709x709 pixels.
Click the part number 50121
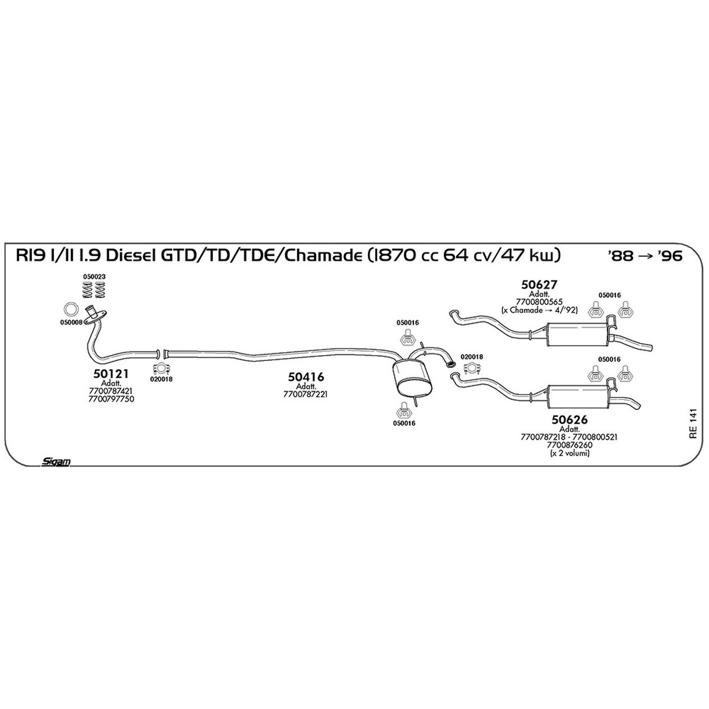click(x=110, y=374)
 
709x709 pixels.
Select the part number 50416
click(x=305, y=377)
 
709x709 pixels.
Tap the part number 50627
click(x=539, y=284)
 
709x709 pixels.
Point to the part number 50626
click(x=569, y=419)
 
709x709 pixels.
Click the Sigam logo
click(x=56, y=462)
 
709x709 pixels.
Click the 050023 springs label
click(x=94, y=277)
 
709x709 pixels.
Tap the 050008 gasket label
click(x=71, y=323)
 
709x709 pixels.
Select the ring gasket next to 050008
click(x=70, y=309)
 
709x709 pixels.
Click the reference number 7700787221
click(x=305, y=394)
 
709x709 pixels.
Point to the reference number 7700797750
click(x=111, y=399)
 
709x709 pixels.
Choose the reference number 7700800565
click(x=539, y=302)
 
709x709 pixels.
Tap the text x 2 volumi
click(x=570, y=454)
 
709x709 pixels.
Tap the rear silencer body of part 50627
click(x=577, y=334)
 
